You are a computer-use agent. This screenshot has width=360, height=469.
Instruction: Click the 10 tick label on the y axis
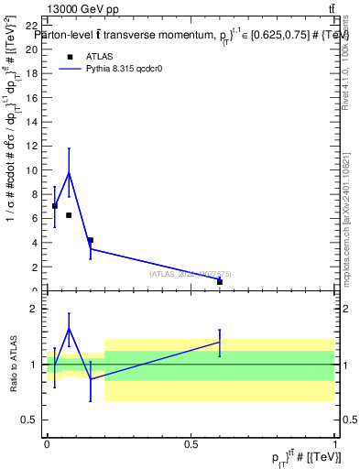click(34, 170)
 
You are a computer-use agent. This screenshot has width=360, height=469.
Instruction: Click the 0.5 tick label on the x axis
click(191, 443)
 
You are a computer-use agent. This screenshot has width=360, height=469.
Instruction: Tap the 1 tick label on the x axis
click(334, 443)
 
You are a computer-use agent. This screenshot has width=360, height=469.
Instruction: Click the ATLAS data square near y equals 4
click(90, 240)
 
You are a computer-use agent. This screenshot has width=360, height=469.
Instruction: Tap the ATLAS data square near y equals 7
click(55, 206)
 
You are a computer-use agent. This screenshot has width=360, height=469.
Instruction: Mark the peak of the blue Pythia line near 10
click(69, 172)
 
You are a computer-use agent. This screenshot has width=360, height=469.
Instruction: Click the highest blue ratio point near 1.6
click(69, 329)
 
